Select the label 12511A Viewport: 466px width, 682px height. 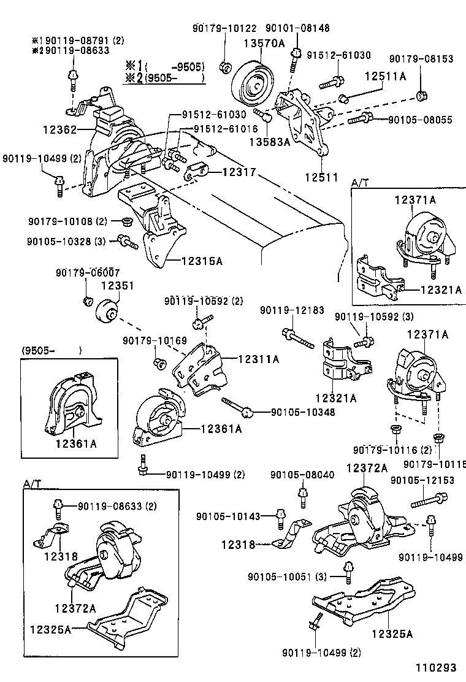point(386,76)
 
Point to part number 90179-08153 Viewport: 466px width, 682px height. point(421,59)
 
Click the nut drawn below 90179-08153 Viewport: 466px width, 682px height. point(421,95)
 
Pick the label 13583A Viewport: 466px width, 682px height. point(269,142)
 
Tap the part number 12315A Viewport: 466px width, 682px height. point(202,261)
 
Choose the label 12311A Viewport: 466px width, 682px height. point(258,359)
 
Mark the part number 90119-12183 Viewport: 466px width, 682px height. point(292,311)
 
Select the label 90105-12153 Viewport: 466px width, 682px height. point(422,480)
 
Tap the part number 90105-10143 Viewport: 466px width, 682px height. point(229,516)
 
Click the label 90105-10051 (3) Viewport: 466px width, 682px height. point(288,577)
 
